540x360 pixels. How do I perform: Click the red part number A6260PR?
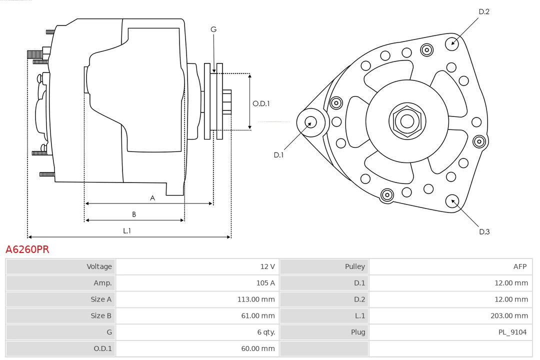pyautogui.click(x=27, y=249)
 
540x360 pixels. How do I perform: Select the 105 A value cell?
pyautogui.click(x=265, y=283)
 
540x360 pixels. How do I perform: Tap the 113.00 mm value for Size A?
pyautogui.click(x=255, y=299)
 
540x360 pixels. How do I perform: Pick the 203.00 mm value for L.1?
pyautogui.click(x=509, y=316)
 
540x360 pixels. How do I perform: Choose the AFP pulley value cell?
pyautogui.click(x=519, y=266)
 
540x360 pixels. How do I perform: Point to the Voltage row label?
pyautogui.click(x=99, y=266)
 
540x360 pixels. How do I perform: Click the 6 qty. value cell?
pyautogui.click(x=265, y=332)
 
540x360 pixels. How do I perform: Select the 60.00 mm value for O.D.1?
pyautogui.click(x=257, y=349)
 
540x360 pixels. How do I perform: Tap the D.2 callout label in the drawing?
pyautogui.click(x=484, y=11)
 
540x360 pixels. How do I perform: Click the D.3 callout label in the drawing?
pyautogui.click(x=484, y=231)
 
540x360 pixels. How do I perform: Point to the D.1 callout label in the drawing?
pyautogui.click(x=278, y=155)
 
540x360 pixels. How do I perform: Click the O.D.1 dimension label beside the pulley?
pyautogui.click(x=261, y=104)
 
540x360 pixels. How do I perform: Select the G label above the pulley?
pyautogui.click(x=213, y=29)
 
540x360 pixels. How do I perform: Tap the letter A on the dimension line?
pyautogui.click(x=152, y=198)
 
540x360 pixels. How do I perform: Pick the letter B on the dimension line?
pyautogui.click(x=134, y=214)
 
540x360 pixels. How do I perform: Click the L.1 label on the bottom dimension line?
pyautogui.click(x=127, y=231)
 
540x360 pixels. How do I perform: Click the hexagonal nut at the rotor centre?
pyautogui.click(x=407, y=121)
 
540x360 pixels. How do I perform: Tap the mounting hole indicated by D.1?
pyautogui.click(x=311, y=121)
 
